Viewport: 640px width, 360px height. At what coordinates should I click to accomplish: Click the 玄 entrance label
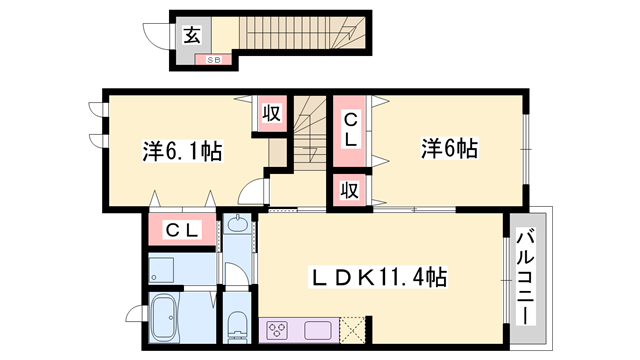tap(192, 35)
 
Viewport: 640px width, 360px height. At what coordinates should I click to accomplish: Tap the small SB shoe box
tap(213, 60)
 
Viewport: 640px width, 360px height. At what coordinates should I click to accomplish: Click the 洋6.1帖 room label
tap(182, 152)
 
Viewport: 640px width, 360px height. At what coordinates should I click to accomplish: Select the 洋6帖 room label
tap(449, 149)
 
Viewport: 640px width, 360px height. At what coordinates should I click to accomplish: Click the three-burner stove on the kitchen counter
tap(277, 329)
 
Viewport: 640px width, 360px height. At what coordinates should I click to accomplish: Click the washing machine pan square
tap(162, 267)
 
